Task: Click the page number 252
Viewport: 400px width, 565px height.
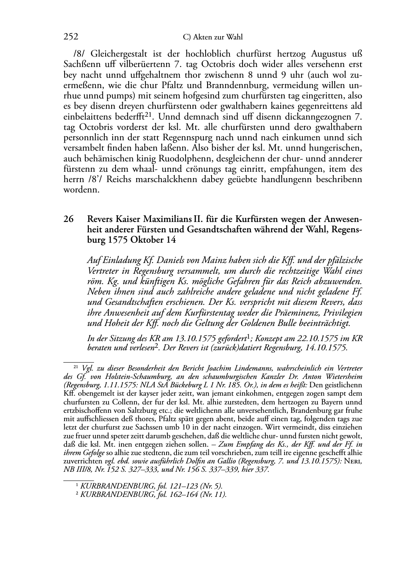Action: click(x=71, y=37)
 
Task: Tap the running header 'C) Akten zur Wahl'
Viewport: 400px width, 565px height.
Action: click(x=212, y=37)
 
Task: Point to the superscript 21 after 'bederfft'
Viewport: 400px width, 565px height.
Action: click(x=149, y=115)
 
